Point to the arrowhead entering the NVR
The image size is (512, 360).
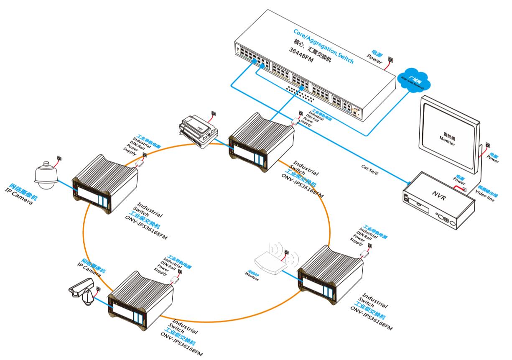click(x=407, y=183)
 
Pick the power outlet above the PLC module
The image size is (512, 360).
click(x=214, y=112)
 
